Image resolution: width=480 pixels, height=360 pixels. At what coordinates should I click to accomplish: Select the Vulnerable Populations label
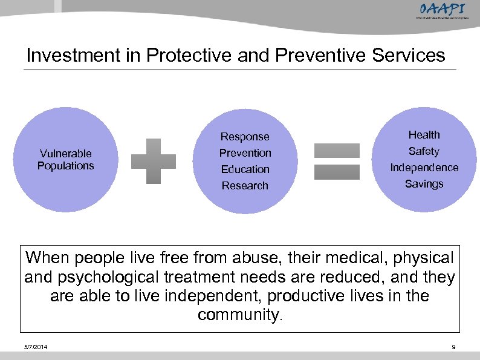coord(66,160)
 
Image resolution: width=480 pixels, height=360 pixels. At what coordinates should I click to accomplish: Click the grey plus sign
coord(154,161)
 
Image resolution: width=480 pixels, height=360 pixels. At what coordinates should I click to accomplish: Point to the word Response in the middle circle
coord(245,137)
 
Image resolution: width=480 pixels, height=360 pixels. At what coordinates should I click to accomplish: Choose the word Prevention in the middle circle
coord(245,153)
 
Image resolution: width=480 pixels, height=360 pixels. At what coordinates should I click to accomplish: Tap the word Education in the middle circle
coord(245,169)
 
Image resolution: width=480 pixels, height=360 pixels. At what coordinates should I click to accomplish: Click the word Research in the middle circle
coord(245,186)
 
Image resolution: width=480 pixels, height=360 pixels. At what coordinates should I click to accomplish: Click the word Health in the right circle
coord(424,135)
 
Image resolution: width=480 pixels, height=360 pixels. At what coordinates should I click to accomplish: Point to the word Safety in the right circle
coord(424,151)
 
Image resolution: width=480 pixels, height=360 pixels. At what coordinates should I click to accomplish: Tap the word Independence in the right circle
coord(424,168)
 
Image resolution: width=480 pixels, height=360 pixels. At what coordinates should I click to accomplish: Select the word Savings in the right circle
coord(424,184)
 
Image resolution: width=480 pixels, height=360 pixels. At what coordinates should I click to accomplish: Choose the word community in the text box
coord(238,315)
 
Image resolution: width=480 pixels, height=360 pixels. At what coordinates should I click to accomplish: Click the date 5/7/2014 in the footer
coord(37,347)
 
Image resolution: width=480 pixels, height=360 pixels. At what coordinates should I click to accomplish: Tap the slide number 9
coord(453,347)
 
